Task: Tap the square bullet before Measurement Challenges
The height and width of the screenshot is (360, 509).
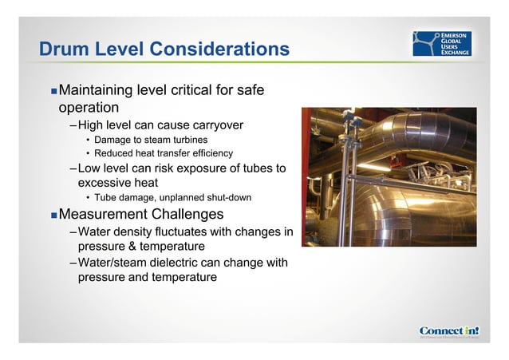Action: coord(53,216)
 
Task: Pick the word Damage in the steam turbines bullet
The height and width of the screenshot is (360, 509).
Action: coord(113,140)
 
